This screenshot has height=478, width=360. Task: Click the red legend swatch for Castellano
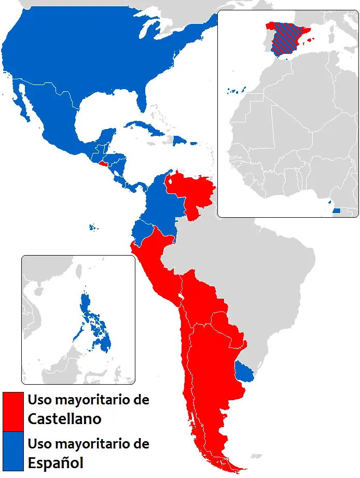tap(13, 411)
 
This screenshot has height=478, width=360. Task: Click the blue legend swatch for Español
tap(13, 451)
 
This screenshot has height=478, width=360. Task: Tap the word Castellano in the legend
tap(64, 418)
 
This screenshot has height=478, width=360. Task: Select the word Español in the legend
tap(56, 461)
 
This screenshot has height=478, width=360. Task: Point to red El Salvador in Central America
tap(103, 163)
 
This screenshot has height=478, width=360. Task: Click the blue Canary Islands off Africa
tap(234, 92)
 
